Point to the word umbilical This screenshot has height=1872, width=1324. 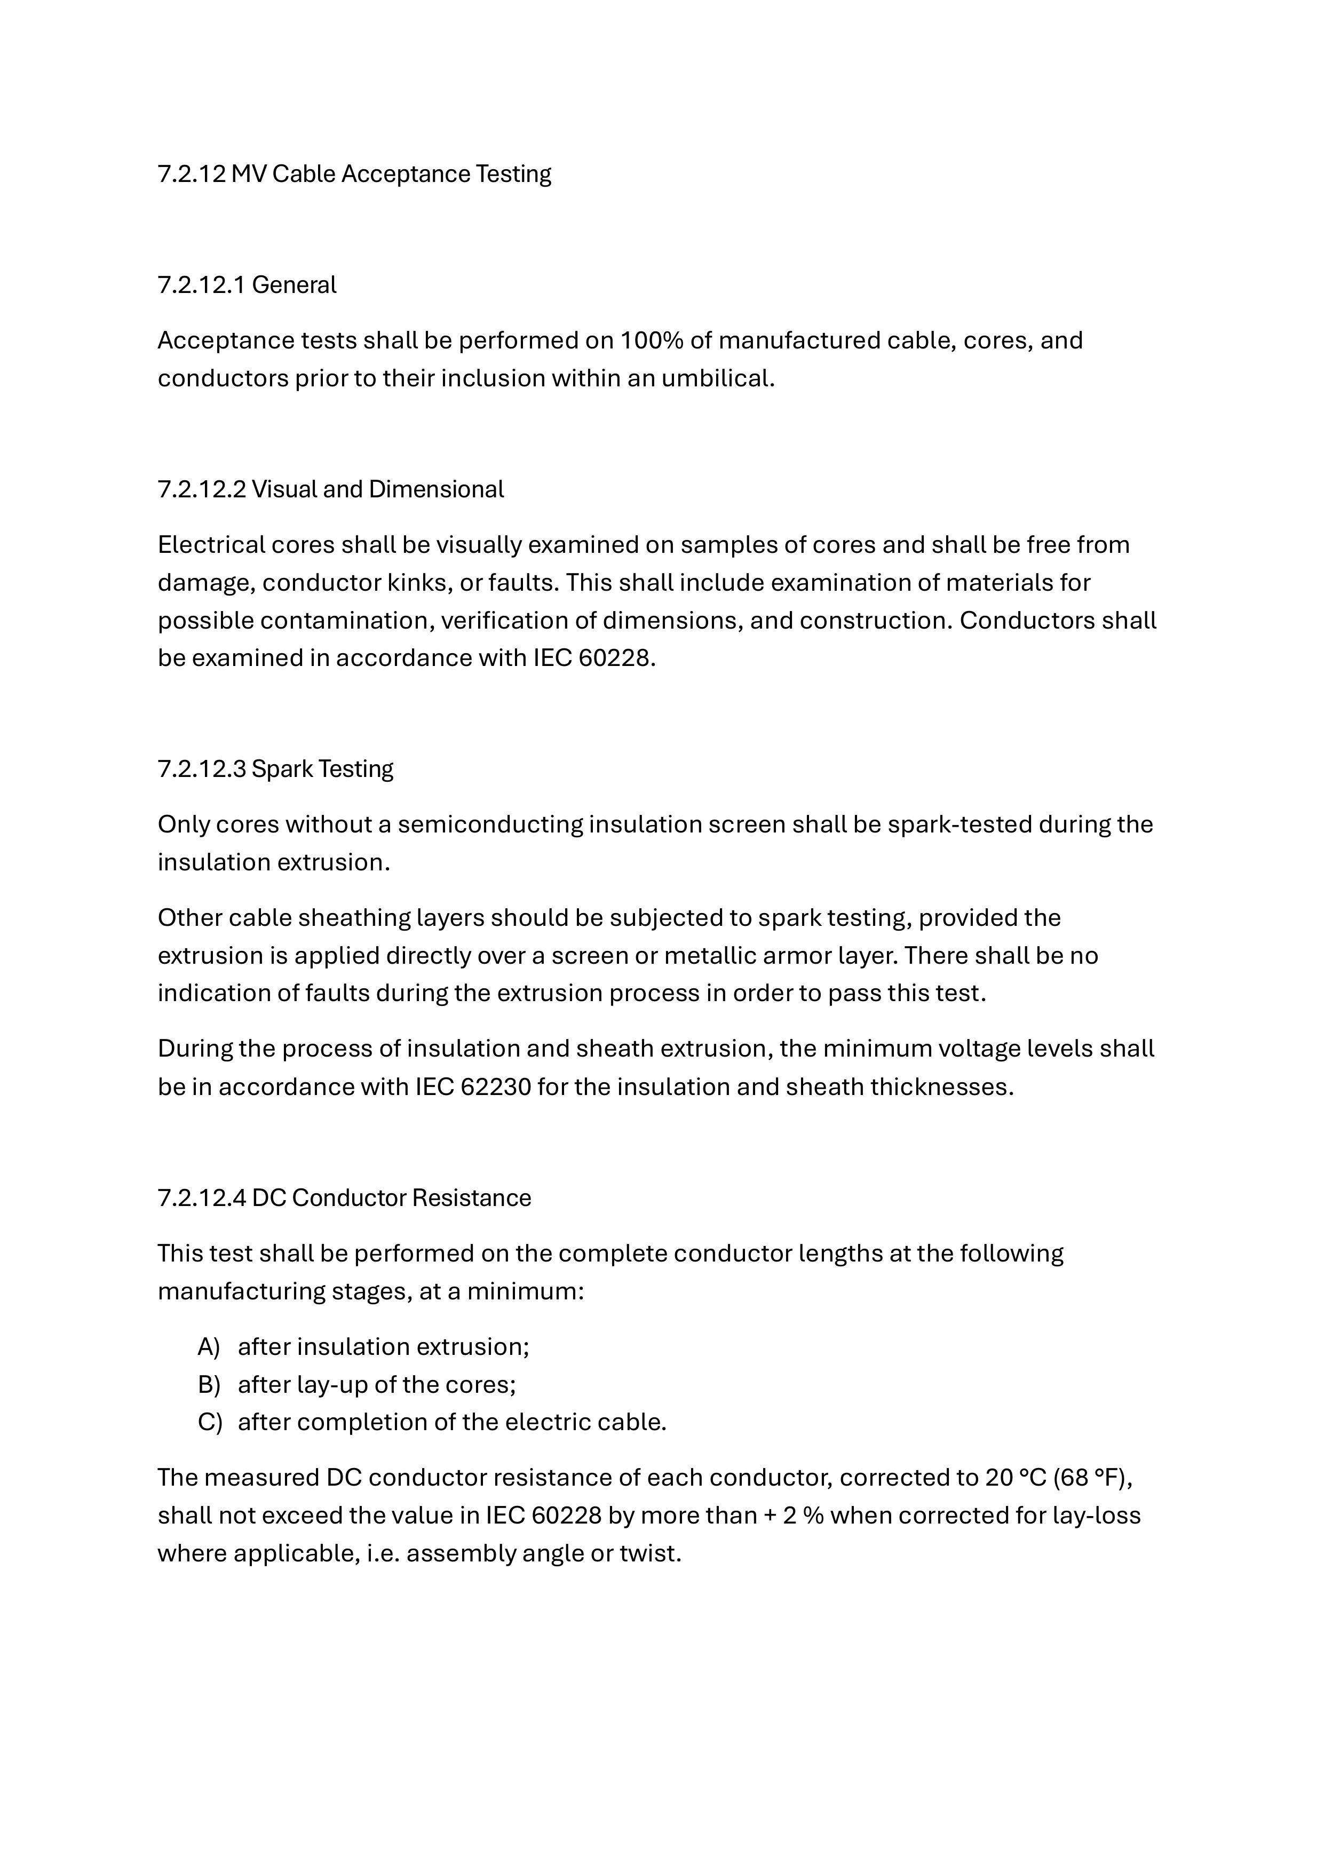[717, 378]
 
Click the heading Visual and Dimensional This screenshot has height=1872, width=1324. [377, 489]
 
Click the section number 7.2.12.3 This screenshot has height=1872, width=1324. [201, 769]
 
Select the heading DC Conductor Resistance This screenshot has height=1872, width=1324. [391, 1197]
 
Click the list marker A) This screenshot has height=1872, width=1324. [209, 1346]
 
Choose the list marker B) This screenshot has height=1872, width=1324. [209, 1384]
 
